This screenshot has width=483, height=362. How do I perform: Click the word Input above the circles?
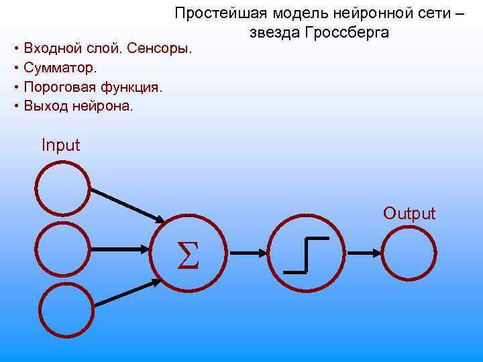tap(60, 145)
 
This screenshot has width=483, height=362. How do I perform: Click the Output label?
tap(409, 214)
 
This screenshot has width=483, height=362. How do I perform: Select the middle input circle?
tap(62, 249)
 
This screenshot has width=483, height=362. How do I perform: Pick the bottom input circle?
tap(66, 309)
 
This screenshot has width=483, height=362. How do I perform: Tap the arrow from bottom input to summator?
tap(127, 294)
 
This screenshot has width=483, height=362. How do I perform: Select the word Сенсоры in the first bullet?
tap(164, 48)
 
